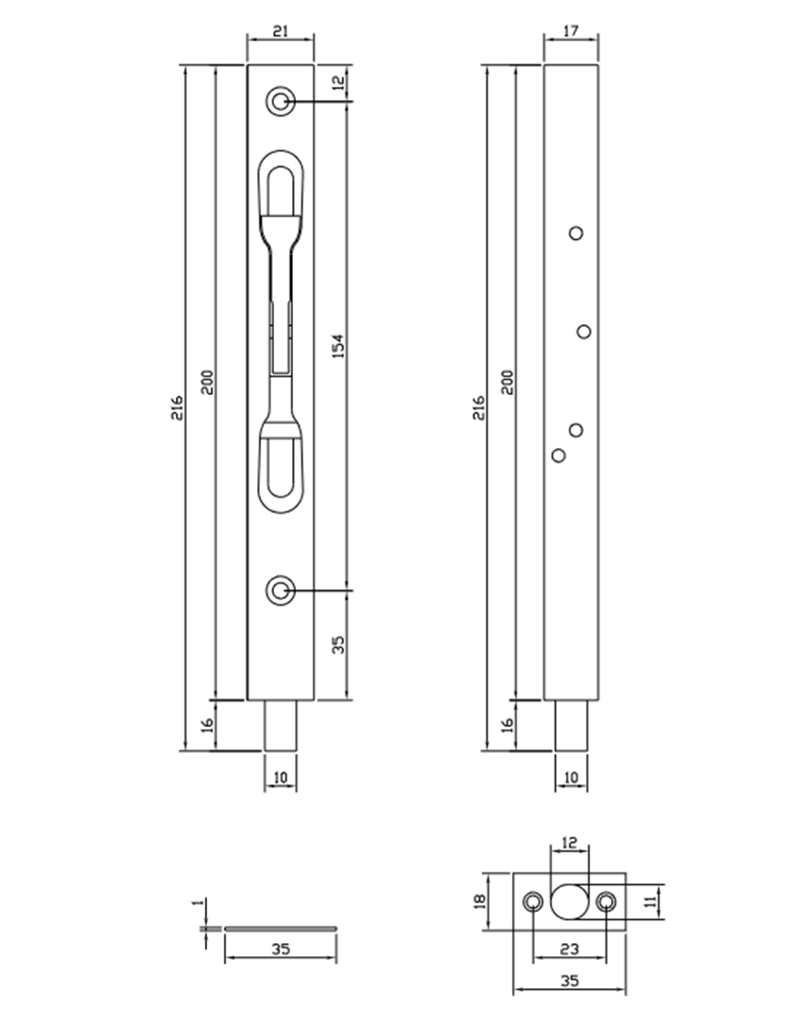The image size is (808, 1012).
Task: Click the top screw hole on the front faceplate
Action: [x=279, y=102]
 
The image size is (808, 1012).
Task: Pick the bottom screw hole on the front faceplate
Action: [x=279, y=592]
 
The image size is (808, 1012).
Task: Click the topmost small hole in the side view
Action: [x=576, y=232]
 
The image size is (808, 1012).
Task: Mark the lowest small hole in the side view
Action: [x=559, y=455]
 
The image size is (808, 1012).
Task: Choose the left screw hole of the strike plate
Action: [x=534, y=901]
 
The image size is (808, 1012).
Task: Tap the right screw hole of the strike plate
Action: [x=606, y=901]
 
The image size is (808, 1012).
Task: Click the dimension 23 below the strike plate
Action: [x=569, y=947]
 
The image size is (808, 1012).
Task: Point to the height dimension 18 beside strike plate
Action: [x=480, y=901]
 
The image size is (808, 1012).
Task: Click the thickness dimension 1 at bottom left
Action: [x=198, y=904]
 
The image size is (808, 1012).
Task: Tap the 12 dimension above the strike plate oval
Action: [x=569, y=840]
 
